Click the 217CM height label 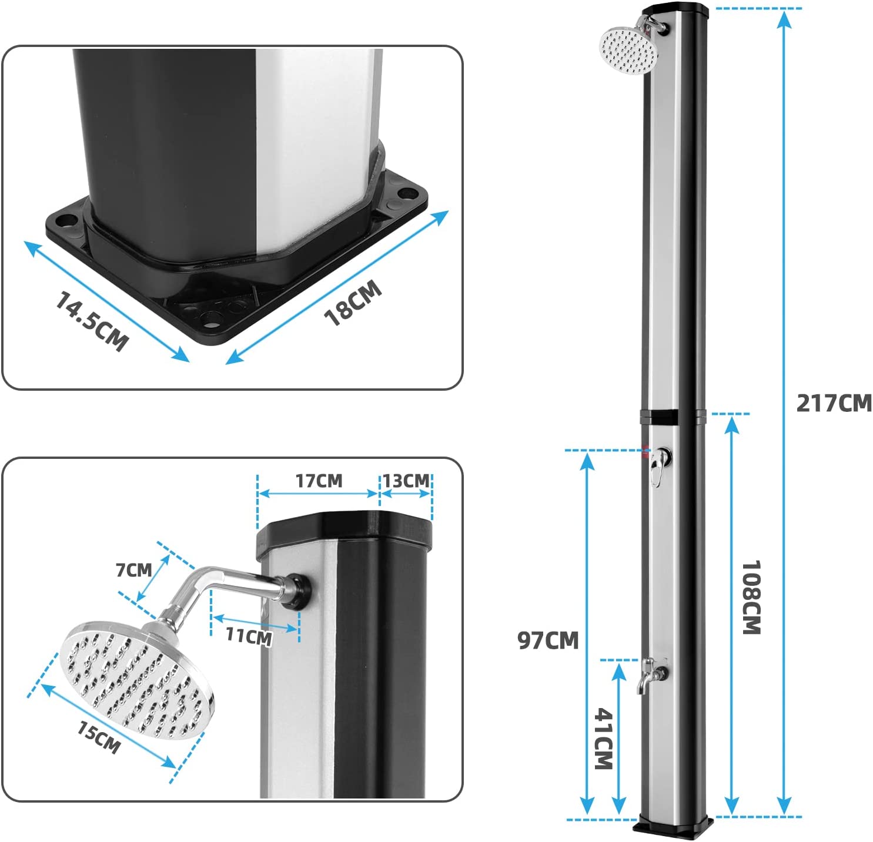[x=834, y=404]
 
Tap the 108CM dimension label [x=751, y=597]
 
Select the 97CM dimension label [x=548, y=640]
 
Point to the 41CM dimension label [x=604, y=739]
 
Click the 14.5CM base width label [x=91, y=321]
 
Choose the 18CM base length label [x=353, y=303]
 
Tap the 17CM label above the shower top [x=319, y=481]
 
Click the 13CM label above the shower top [x=406, y=481]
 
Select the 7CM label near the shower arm [x=133, y=569]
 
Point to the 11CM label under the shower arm [x=249, y=636]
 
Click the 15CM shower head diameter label [x=99, y=737]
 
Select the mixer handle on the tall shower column [x=659, y=462]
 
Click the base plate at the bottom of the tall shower [x=674, y=825]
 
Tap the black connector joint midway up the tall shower [x=672, y=418]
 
